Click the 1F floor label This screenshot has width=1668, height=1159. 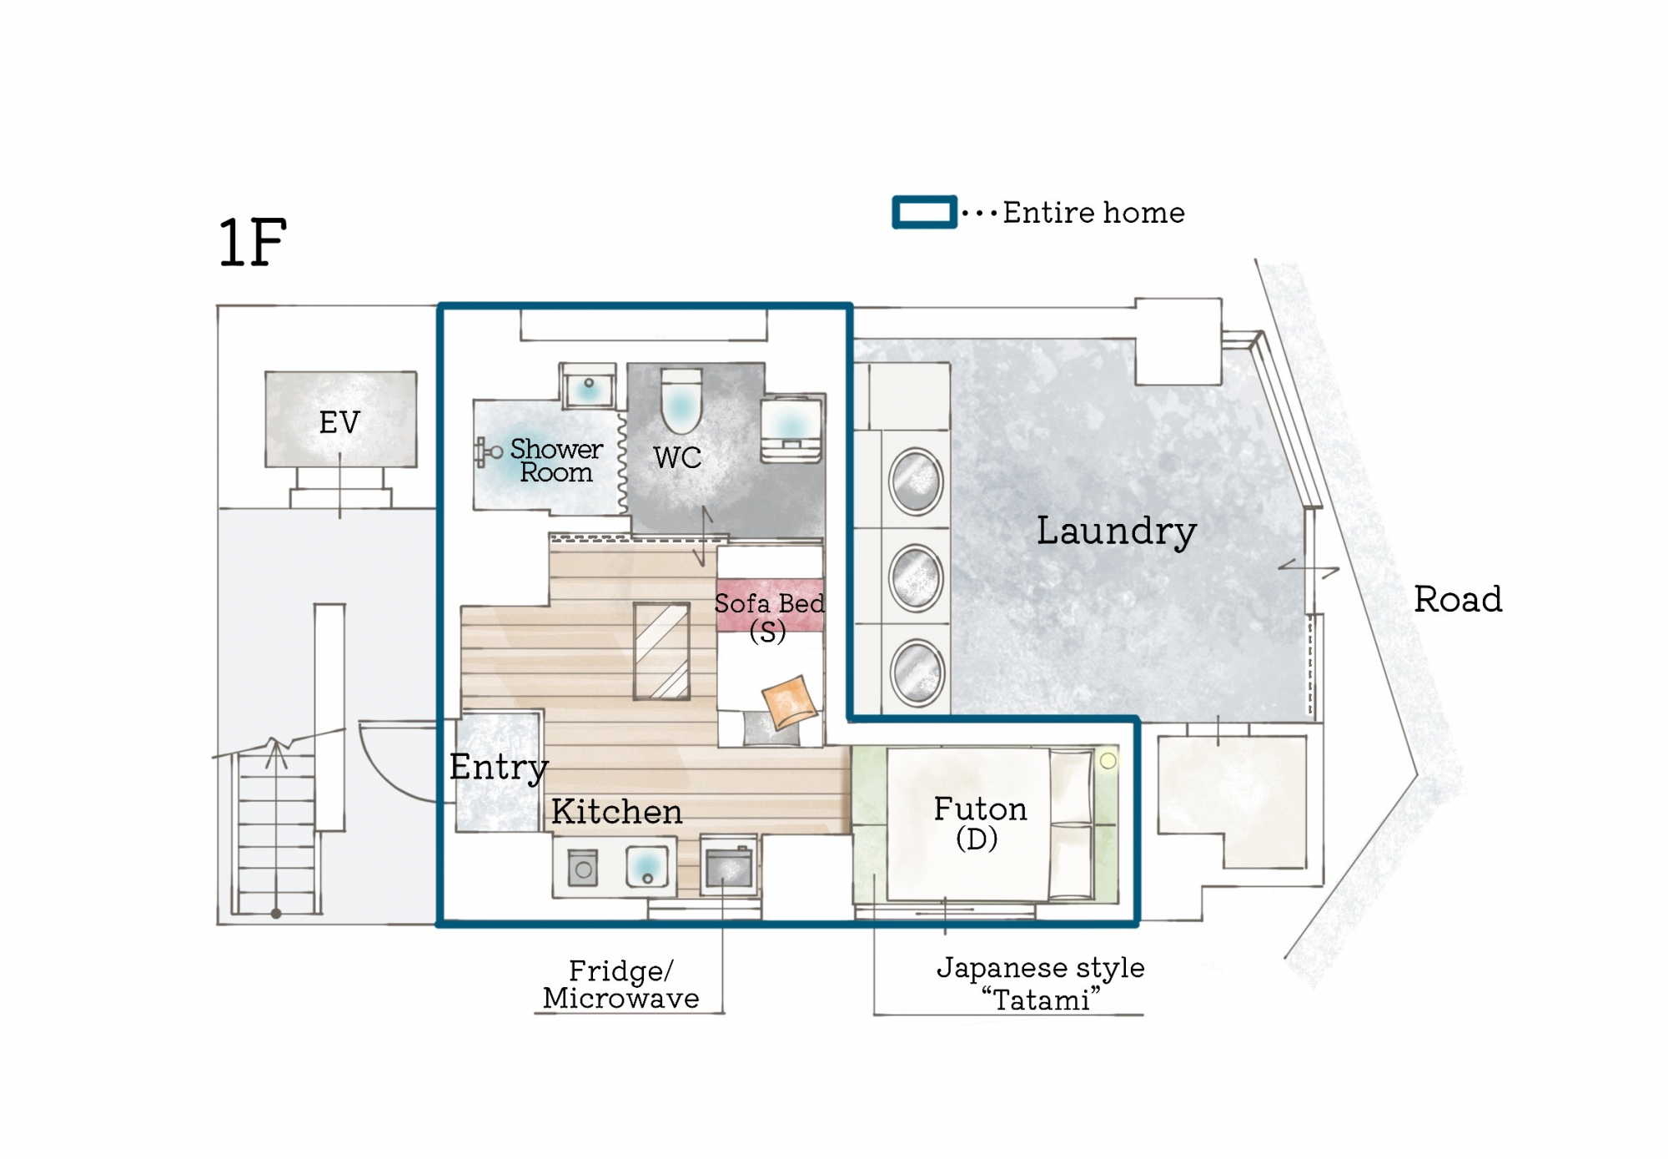point(252,242)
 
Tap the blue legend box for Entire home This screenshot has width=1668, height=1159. point(924,212)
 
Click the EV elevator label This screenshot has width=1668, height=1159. point(339,422)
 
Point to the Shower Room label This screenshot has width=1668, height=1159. point(555,461)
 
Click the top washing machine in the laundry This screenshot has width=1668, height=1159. point(916,481)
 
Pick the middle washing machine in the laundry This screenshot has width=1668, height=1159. point(916,577)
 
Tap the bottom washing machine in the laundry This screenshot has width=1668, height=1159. point(917,672)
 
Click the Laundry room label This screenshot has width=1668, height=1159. point(1116,531)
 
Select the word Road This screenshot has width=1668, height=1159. point(1457,599)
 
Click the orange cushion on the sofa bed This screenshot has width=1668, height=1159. point(788,701)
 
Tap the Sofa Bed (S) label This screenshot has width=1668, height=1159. point(769,616)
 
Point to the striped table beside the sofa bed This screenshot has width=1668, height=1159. point(661,651)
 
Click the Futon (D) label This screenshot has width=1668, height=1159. point(979,823)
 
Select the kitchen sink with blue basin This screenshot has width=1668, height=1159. point(647,866)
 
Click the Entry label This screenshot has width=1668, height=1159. point(498,767)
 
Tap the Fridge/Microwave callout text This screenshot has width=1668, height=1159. point(620,985)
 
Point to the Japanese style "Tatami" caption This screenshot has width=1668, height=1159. point(1040,983)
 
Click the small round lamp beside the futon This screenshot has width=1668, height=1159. point(1108,760)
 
